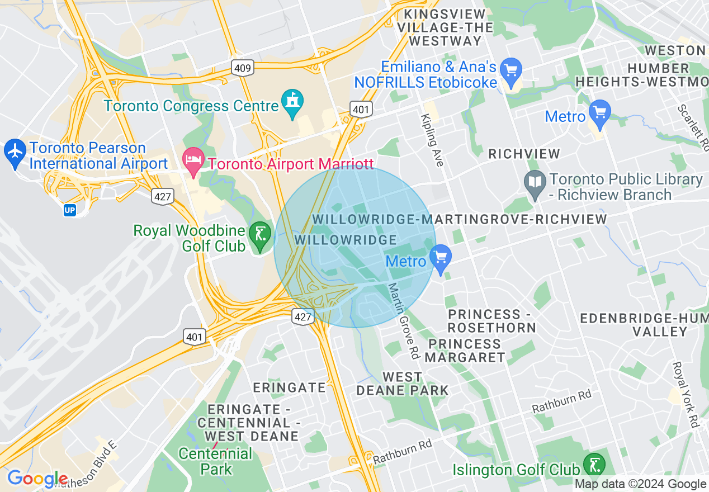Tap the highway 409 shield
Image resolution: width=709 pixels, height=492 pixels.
point(243,68)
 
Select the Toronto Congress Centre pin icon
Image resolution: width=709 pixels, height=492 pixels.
point(292,102)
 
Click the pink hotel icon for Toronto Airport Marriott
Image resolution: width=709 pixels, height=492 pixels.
point(193,161)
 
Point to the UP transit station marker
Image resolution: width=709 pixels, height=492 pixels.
point(70,211)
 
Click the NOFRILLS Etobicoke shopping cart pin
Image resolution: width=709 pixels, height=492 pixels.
point(511,70)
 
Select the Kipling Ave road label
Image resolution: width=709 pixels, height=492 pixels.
point(432,139)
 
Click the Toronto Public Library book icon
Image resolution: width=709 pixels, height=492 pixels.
point(536,183)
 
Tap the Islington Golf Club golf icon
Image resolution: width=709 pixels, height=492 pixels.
point(593,464)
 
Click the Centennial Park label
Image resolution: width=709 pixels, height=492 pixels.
point(215,461)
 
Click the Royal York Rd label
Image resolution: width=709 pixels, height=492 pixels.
point(686,394)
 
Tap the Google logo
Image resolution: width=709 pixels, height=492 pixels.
point(37,479)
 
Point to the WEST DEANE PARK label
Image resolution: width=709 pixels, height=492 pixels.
point(402,384)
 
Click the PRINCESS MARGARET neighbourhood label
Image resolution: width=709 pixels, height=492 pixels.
point(465,350)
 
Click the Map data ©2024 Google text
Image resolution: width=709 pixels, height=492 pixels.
point(641,484)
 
